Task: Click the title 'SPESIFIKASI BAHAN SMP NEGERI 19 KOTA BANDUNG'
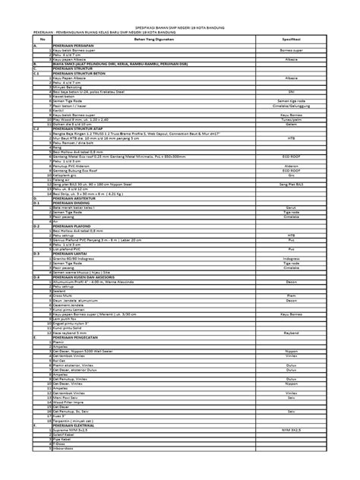coord(181,24)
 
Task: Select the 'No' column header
coord(33,39)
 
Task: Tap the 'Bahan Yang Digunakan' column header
coord(137,39)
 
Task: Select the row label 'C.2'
coord(34,130)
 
